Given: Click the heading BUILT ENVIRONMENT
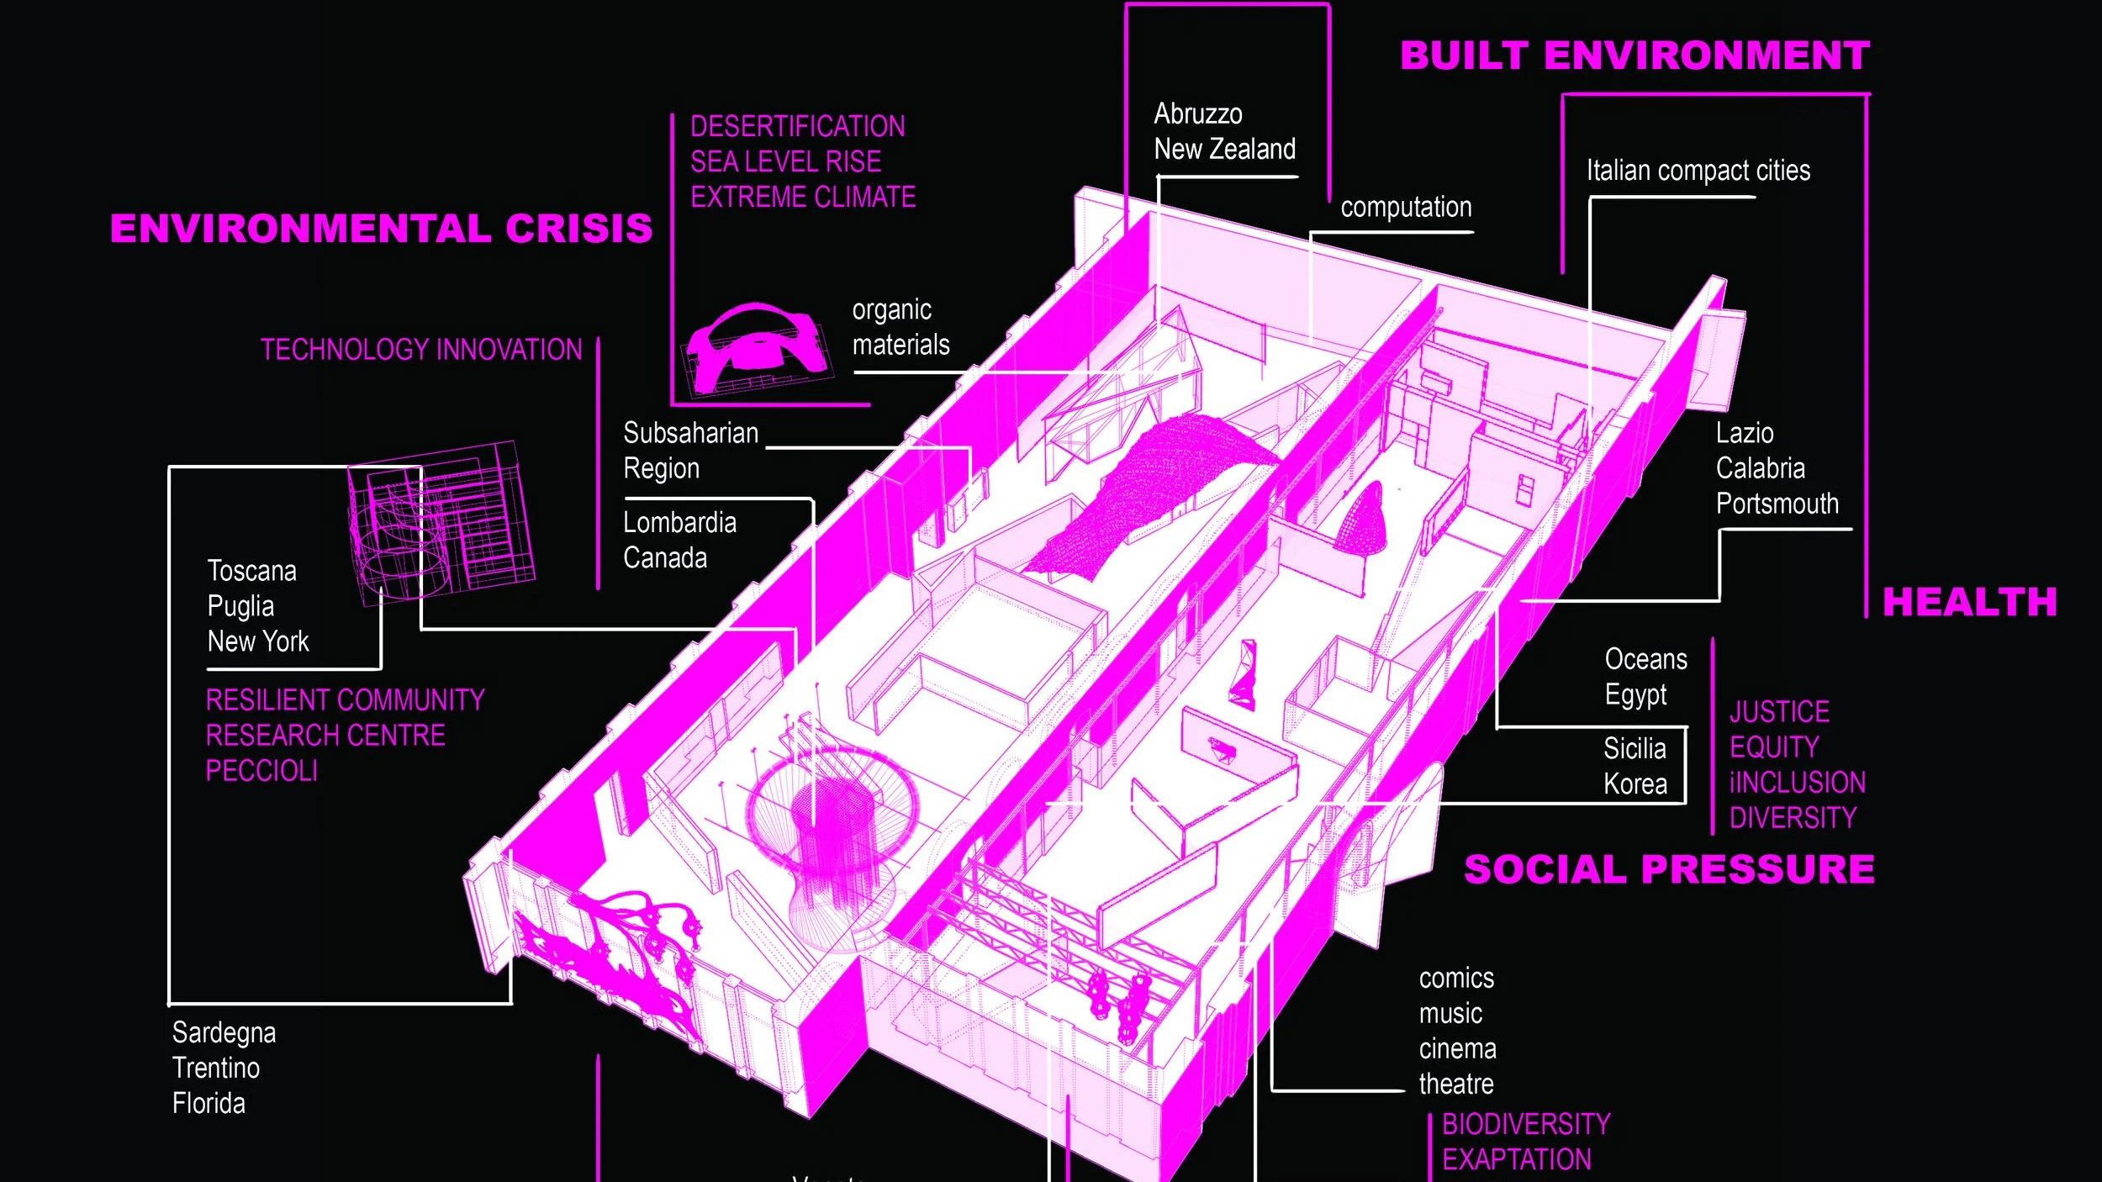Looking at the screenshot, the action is (x=1635, y=56).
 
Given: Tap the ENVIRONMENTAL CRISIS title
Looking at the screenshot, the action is (x=381, y=229).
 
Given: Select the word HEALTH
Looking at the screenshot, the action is (x=1969, y=603).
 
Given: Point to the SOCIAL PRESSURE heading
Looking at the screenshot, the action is (x=1669, y=869).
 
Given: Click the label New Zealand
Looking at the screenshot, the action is (x=1224, y=150).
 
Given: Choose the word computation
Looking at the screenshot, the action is (x=1406, y=208).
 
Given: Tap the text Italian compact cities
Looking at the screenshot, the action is (x=1698, y=171).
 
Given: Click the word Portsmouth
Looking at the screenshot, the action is (x=1777, y=504).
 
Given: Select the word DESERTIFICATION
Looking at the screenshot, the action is (x=797, y=127).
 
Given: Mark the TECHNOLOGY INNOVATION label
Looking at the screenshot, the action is (x=421, y=350).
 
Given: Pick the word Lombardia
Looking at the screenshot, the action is (x=679, y=523).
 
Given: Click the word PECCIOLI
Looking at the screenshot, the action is (x=261, y=771).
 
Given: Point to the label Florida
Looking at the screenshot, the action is (x=209, y=1103).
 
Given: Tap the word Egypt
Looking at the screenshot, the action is (x=1635, y=695).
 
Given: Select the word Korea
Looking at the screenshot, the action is (x=1635, y=784).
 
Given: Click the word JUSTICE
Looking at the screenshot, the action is (x=1779, y=713).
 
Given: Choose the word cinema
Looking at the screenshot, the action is (x=1457, y=1049).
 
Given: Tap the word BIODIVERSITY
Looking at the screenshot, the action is (x=1526, y=1124).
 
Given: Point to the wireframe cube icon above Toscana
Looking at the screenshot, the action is (x=441, y=521).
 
